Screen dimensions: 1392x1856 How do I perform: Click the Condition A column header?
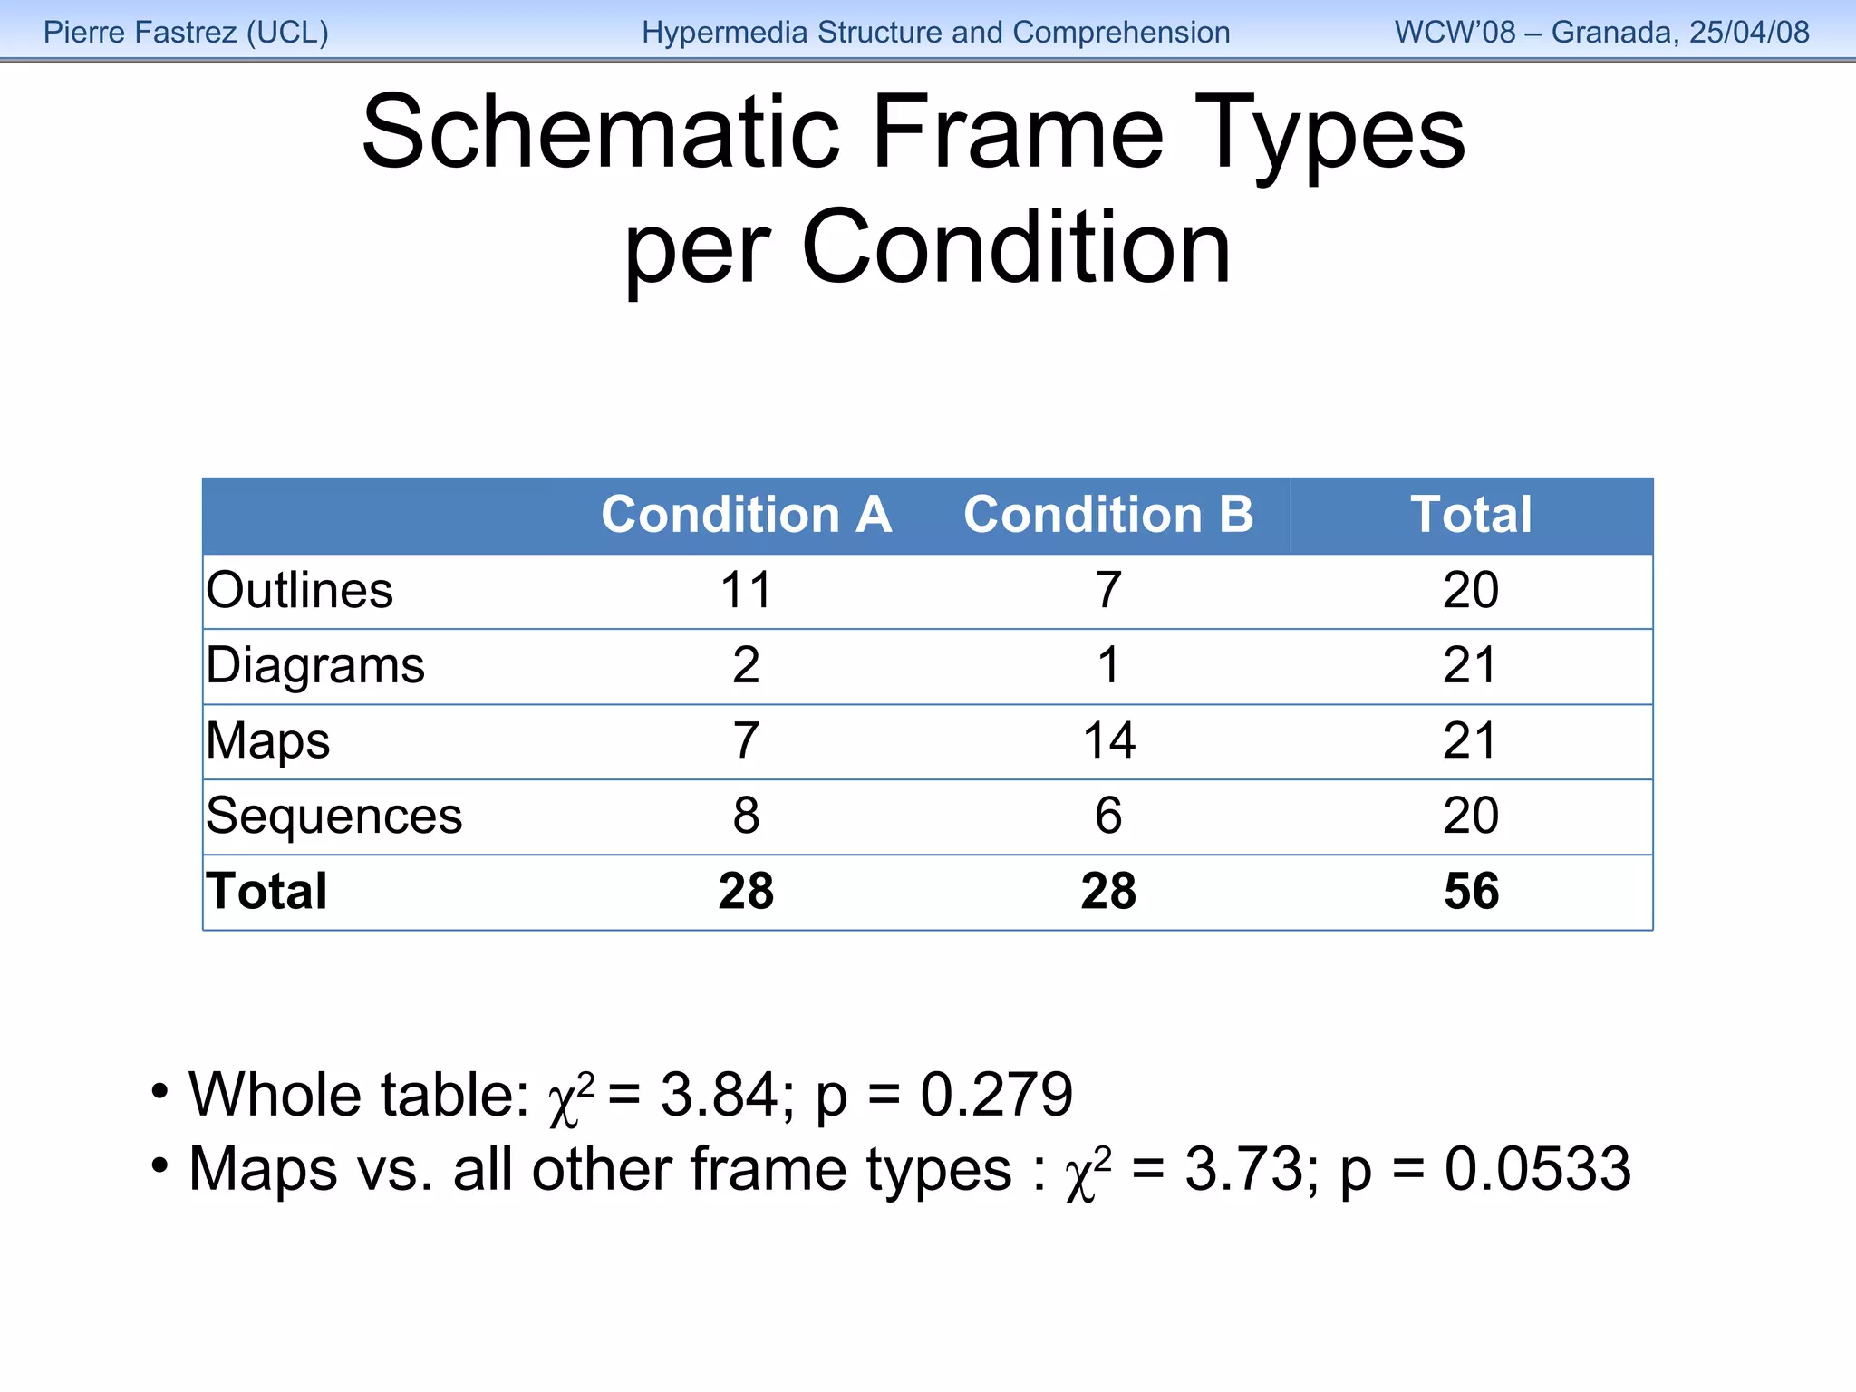click(746, 515)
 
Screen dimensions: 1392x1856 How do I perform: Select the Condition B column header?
click(1108, 515)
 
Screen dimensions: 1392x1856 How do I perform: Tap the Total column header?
click(1471, 515)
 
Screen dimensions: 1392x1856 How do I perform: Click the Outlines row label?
click(300, 591)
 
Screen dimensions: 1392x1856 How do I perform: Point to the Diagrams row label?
click(315, 666)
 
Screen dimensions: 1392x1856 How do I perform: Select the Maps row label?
click(268, 741)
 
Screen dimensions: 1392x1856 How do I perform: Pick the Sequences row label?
click(334, 817)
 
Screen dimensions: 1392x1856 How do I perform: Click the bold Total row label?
click(266, 892)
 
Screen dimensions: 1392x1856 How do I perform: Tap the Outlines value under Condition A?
click(746, 591)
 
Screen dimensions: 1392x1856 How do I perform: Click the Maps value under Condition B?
click(1108, 741)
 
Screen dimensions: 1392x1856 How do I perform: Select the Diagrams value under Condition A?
click(746, 666)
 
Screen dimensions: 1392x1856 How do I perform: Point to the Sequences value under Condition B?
click(1108, 817)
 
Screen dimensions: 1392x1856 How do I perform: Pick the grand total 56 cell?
click(1471, 892)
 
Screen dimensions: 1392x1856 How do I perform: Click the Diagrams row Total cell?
click(1471, 666)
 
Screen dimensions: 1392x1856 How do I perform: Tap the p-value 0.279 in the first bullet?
click(996, 1095)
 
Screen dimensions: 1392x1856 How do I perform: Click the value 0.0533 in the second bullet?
click(1537, 1169)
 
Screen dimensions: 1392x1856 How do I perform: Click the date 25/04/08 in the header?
click(1749, 33)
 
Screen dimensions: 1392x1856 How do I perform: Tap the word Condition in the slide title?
click(1016, 247)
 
